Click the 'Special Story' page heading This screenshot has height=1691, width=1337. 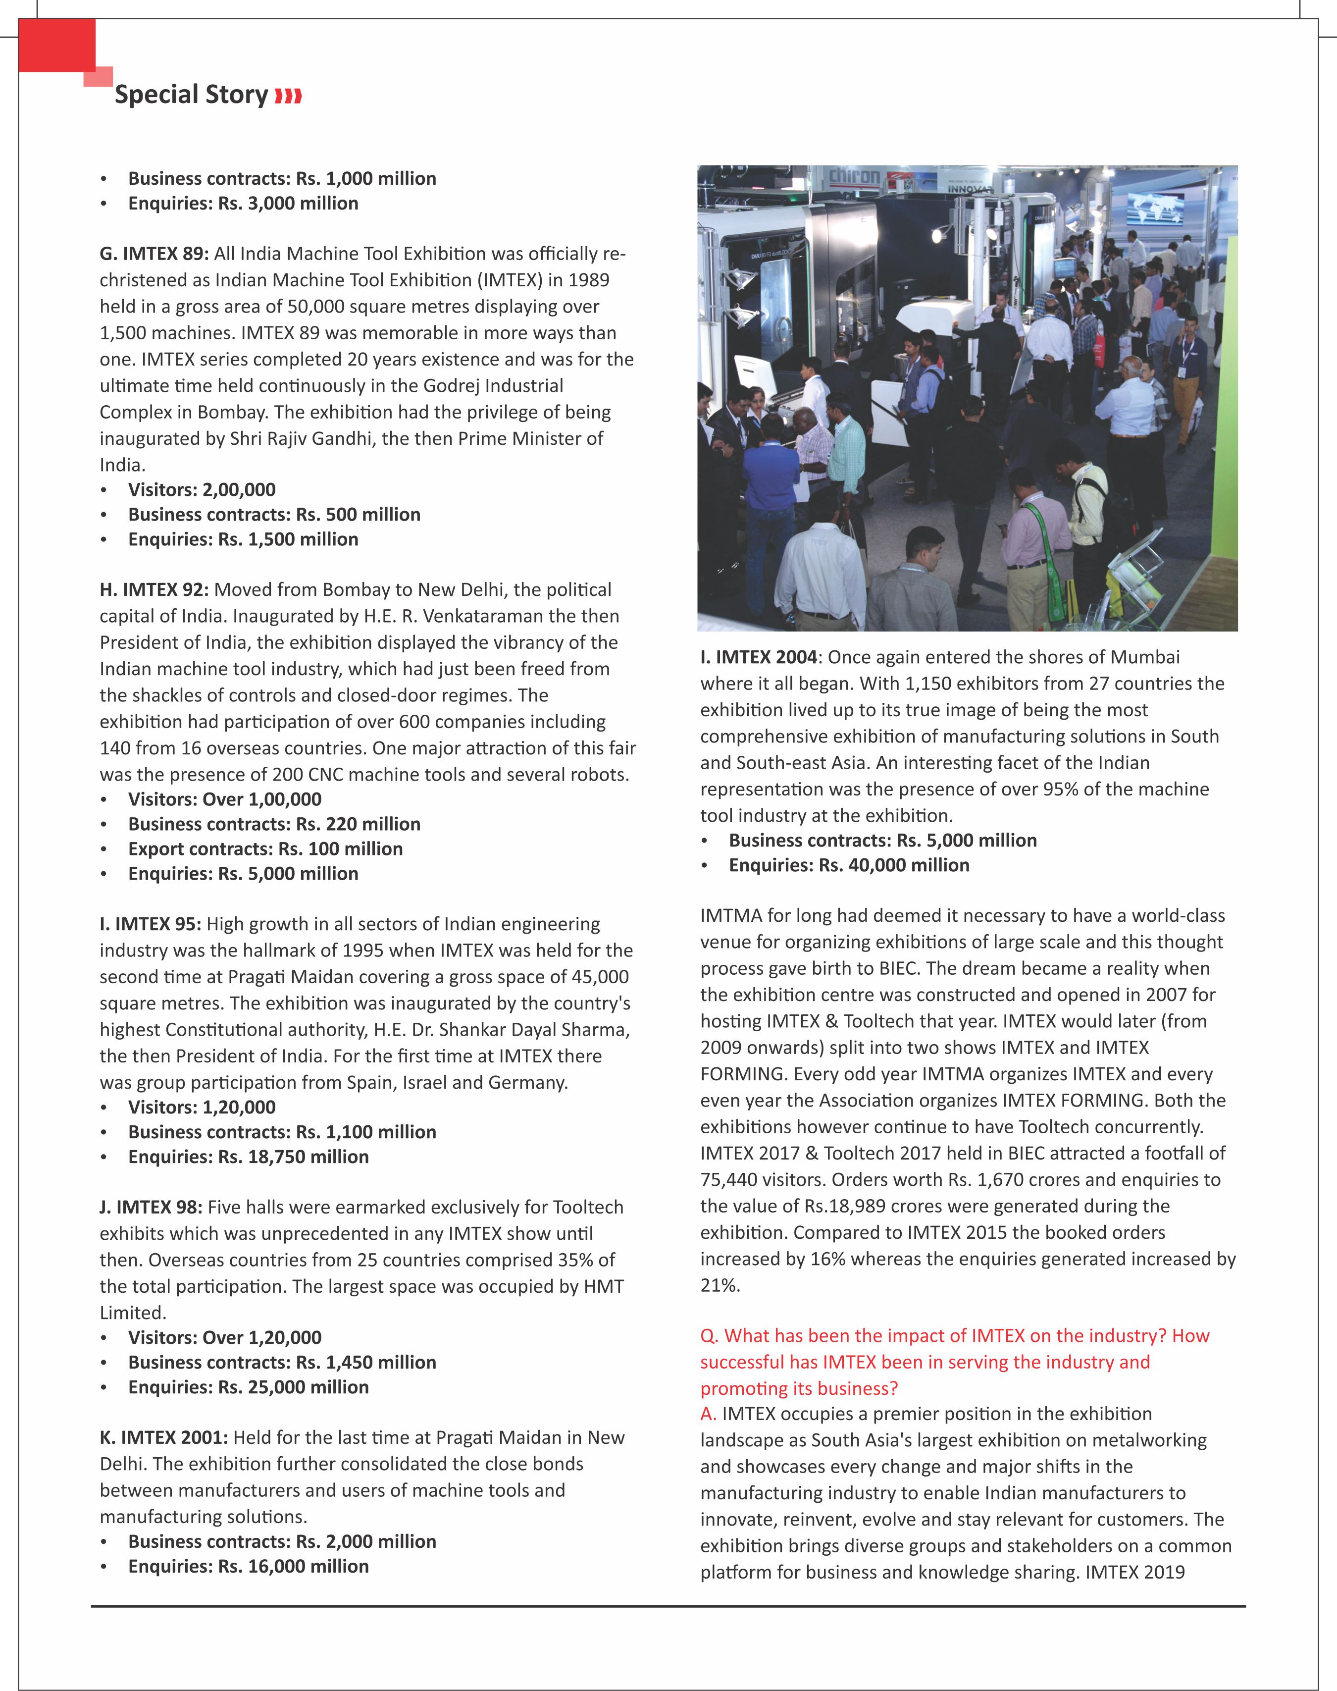(191, 95)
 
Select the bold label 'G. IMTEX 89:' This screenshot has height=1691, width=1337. (154, 254)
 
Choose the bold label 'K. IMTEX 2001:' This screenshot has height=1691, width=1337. (163, 1437)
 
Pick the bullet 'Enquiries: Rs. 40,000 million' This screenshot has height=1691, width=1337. (849, 865)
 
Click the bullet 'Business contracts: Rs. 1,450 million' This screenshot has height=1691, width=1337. (282, 1362)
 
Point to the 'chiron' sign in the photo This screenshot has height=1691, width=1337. (854, 176)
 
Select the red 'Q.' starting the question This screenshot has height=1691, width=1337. (709, 1335)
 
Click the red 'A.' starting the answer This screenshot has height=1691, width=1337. (709, 1414)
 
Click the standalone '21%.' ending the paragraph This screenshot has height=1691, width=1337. (720, 1285)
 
